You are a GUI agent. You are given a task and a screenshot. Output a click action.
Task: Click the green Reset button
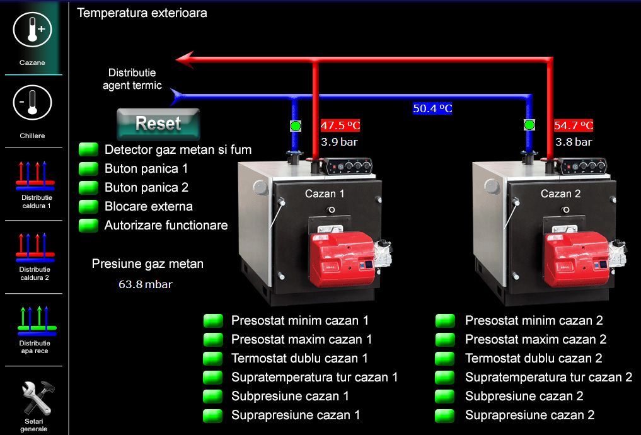(x=158, y=124)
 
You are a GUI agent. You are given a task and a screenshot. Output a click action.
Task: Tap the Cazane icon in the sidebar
(x=32, y=30)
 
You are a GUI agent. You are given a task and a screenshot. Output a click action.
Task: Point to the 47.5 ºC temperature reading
(x=340, y=125)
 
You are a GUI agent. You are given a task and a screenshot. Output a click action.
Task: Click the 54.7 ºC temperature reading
(x=574, y=125)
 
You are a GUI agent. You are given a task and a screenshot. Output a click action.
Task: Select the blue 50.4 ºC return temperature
(x=432, y=108)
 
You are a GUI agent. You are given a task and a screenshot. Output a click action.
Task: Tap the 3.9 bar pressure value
(x=339, y=142)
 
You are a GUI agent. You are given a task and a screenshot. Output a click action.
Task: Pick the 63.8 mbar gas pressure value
(x=145, y=284)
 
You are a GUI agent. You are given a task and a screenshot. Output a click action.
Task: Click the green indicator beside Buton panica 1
(x=89, y=168)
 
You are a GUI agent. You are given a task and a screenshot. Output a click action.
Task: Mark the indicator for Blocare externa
(x=89, y=206)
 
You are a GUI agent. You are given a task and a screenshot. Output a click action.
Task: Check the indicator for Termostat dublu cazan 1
(x=213, y=358)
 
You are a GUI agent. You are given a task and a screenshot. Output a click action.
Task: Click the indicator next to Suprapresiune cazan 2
(x=445, y=415)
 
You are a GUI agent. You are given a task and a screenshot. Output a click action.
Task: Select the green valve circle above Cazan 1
(x=296, y=125)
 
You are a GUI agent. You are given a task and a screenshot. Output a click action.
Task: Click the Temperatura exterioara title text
(x=142, y=13)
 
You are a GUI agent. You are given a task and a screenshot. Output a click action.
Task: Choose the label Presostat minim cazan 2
(x=534, y=320)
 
